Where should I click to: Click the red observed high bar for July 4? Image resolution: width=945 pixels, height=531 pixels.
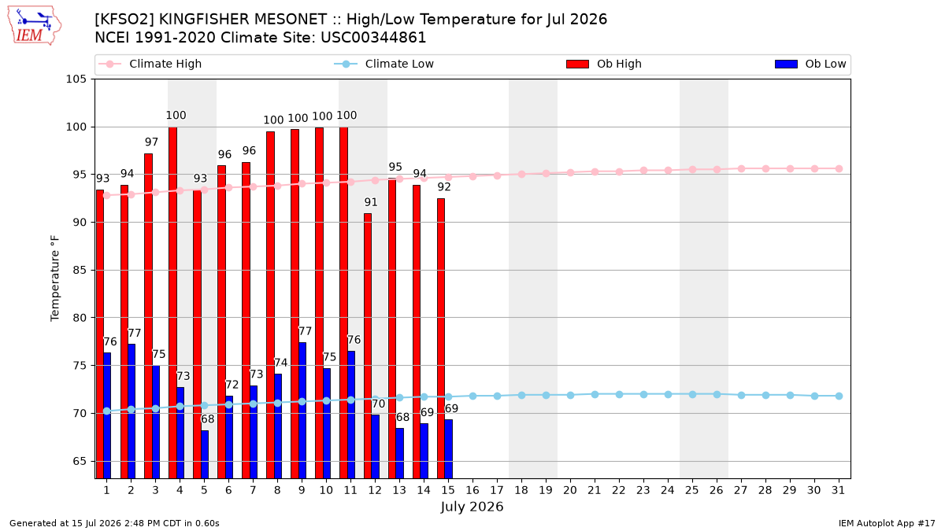pyautogui.click(x=172, y=303)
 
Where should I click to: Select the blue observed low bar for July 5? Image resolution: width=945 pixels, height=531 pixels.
pyautogui.click(x=205, y=455)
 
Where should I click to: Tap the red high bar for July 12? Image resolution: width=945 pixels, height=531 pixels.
pyautogui.click(x=368, y=346)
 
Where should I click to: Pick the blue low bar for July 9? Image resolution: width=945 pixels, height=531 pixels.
pyautogui.click(x=302, y=411)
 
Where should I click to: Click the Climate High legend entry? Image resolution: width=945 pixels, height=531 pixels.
pyautogui.click(x=150, y=64)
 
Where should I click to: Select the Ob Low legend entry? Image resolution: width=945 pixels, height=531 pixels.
pyautogui.click(x=810, y=64)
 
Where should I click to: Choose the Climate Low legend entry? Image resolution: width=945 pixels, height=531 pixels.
pyautogui.click(x=384, y=64)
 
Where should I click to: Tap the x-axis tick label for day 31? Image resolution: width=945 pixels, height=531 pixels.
pyautogui.click(x=838, y=491)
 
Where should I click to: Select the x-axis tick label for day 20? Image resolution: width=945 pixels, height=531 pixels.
pyautogui.click(x=570, y=491)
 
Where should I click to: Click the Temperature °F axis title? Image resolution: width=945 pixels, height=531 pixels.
pyautogui.click(x=55, y=278)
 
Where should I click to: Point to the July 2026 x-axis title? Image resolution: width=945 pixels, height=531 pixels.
pyautogui.click(x=472, y=507)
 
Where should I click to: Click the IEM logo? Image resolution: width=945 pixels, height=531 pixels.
pyautogui.click(x=35, y=26)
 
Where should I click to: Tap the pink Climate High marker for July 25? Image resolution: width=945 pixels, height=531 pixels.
pyautogui.click(x=692, y=169)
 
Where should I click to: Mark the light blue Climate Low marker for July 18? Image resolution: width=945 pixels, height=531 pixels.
pyautogui.click(x=521, y=395)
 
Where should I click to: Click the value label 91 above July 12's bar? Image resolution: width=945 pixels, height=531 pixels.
pyautogui.click(x=371, y=202)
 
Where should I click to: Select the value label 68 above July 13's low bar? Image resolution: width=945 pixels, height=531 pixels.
pyautogui.click(x=402, y=417)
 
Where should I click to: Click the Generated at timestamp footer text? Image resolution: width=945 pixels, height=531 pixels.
pyautogui.click(x=114, y=523)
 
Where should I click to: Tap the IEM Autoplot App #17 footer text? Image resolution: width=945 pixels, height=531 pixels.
pyautogui.click(x=887, y=523)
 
